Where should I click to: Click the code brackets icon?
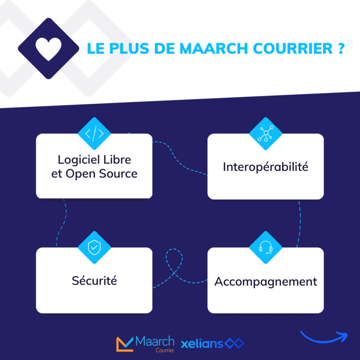click(94, 134)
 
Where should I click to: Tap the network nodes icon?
click(266, 134)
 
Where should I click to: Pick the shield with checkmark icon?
click(94, 248)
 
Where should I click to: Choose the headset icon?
click(266, 247)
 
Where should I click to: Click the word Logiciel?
click(79, 159)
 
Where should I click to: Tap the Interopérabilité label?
click(266, 166)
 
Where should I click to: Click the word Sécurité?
click(94, 281)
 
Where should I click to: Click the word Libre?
click(119, 159)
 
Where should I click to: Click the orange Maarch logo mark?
click(124, 344)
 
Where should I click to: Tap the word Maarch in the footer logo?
click(154, 341)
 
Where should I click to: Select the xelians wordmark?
click(202, 344)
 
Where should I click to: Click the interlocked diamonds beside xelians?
click(235, 344)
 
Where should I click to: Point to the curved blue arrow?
click(324, 337)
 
